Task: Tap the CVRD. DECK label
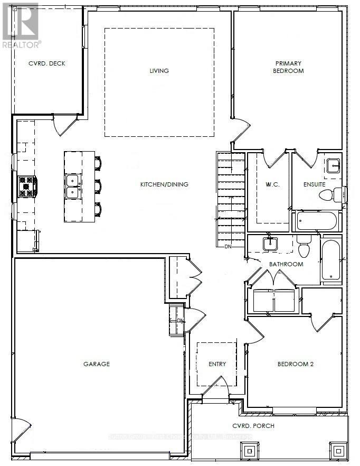[46, 64]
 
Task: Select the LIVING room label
[159, 71]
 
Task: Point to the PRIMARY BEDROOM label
[289, 67]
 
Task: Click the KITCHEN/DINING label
[164, 184]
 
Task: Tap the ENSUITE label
[314, 184]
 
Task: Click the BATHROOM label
[286, 264]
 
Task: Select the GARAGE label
[97, 364]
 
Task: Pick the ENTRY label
[217, 364]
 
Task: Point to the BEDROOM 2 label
[295, 364]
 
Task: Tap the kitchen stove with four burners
[27, 187]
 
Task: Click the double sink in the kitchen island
[73, 187]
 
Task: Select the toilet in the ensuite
[327, 195]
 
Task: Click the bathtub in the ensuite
[316, 220]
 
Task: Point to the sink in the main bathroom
[270, 244]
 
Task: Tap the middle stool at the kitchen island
[98, 187]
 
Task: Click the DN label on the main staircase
[228, 246]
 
